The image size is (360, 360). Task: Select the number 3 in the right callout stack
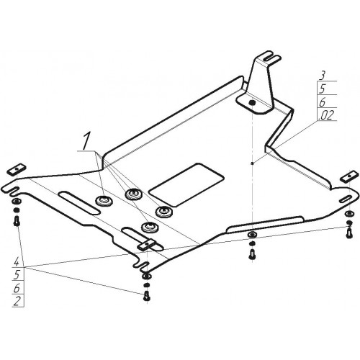click(x=323, y=76)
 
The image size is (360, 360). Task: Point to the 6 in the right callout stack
click(x=323, y=102)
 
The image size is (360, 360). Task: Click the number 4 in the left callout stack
click(x=17, y=262)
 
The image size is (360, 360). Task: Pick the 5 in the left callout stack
click(x=17, y=275)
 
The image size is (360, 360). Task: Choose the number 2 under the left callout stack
click(x=17, y=302)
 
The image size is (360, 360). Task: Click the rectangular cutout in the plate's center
click(x=186, y=185)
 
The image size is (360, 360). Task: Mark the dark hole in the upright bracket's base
click(x=252, y=103)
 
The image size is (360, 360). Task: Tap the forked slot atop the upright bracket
click(x=271, y=57)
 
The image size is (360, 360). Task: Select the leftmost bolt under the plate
click(x=17, y=221)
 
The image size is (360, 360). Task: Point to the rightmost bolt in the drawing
click(x=348, y=233)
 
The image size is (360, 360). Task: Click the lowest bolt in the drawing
click(x=147, y=296)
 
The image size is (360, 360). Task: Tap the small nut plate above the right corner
click(x=348, y=177)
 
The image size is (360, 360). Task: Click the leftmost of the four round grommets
click(x=104, y=200)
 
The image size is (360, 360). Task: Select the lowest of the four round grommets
click(x=149, y=227)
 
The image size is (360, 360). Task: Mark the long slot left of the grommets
click(x=79, y=202)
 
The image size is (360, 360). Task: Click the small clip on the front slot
click(x=146, y=245)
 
